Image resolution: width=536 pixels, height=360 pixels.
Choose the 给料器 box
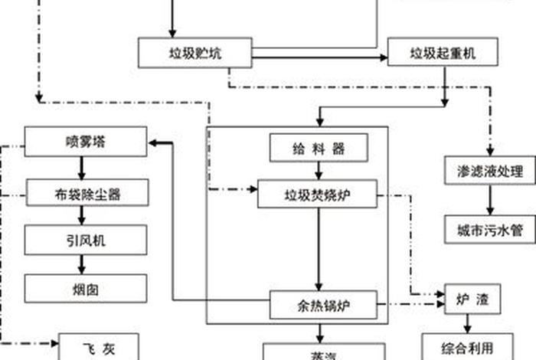(319, 148)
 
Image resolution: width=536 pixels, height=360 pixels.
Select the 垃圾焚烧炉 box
(319, 194)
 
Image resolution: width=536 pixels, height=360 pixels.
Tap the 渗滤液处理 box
(490, 170)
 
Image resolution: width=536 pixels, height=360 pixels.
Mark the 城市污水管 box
(490, 229)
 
